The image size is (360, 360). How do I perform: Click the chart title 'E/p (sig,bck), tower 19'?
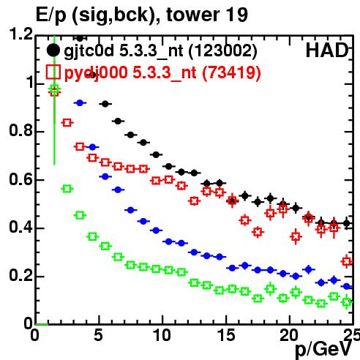[142, 15]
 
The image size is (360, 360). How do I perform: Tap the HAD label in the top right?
[327, 50]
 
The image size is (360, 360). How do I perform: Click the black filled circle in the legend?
[53, 50]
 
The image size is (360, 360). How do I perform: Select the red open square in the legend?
[53, 72]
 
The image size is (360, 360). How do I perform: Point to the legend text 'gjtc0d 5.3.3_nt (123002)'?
[160, 51]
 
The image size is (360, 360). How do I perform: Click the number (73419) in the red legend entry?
[231, 72]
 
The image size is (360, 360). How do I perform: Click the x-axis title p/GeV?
[323, 349]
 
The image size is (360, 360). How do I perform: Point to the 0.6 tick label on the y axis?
[20, 180]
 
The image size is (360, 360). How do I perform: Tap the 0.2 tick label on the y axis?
[20, 276]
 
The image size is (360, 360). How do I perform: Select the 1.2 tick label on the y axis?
[20, 34]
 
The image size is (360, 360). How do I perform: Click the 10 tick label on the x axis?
[162, 335]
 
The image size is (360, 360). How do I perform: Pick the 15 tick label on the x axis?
[226, 335]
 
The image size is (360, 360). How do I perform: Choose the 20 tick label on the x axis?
[289, 335]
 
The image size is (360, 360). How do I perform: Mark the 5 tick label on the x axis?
[98, 335]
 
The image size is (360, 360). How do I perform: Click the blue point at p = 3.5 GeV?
[80, 103]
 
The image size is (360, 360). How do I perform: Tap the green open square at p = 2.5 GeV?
[67, 189]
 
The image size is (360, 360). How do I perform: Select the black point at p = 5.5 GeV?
[105, 104]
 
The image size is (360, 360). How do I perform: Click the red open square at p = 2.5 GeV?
[67, 122]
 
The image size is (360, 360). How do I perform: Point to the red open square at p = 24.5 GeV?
[347, 261]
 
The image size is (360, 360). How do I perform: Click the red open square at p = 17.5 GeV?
[258, 232]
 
